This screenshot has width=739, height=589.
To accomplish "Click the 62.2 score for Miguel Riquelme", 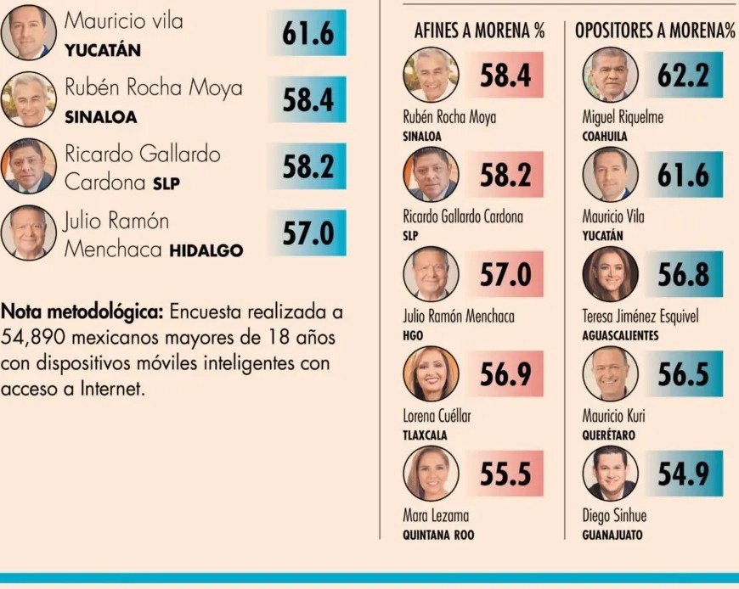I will pos(683,76).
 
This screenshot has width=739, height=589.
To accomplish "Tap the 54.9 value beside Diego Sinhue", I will pos(683,474).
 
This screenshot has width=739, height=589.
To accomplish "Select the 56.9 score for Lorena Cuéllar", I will pos(505,374).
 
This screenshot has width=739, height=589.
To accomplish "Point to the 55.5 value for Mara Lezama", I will pos(505,474).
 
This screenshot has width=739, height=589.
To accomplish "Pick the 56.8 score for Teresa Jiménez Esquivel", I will pos(683,275).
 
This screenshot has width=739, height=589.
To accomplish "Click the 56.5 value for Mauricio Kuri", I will pos(683,374).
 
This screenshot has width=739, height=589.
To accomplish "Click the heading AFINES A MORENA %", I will pos(479,32).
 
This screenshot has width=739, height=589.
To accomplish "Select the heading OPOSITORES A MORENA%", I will pos(654,32).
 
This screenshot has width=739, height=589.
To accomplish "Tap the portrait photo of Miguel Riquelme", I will pos(610,75).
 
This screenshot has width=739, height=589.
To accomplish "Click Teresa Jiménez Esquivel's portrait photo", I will pos(610,274).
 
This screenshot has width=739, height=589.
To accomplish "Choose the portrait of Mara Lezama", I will pos(431,473).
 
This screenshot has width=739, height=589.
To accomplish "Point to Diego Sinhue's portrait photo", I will pos(610,473).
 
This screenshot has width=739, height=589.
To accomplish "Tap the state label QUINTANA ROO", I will pos(438,535).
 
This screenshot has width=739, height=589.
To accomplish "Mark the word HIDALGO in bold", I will pos(206,250).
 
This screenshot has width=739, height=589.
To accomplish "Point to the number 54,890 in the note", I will pos(31,338).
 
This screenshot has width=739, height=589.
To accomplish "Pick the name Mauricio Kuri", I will pos(613,416).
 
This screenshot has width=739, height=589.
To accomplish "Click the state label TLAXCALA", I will pos(425,435).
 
